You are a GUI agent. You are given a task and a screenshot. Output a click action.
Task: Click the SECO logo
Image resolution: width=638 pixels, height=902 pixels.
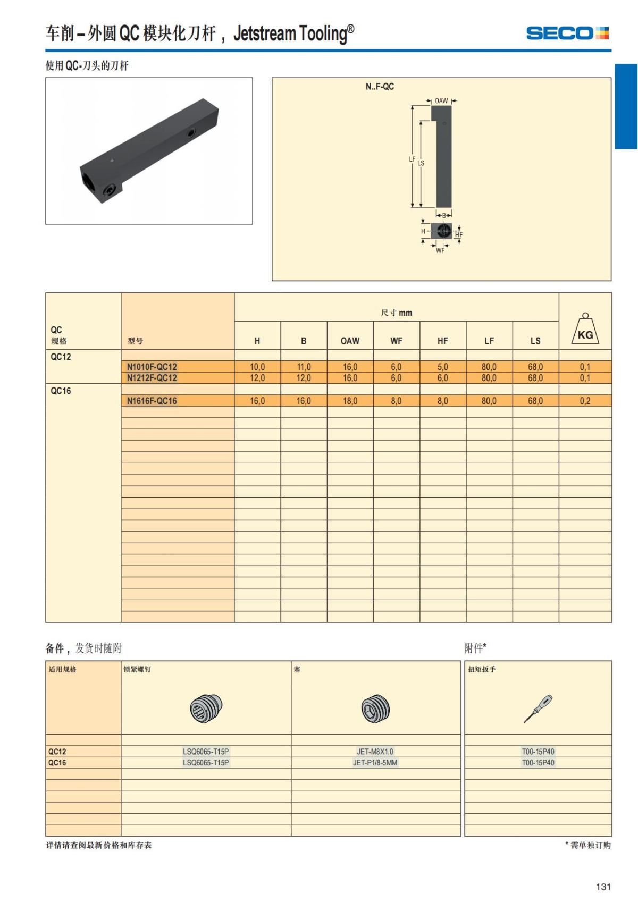tap(567, 33)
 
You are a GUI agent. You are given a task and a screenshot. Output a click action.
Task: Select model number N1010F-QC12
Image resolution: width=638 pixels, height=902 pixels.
tap(152, 367)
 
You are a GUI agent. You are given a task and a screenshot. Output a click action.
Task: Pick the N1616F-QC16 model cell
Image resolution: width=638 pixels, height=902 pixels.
tap(152, 401)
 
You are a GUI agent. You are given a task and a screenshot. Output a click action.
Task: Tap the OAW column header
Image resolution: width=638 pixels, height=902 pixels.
tap(350, 341)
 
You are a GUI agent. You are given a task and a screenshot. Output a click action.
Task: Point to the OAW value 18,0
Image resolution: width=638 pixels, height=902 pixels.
tap(350, 401)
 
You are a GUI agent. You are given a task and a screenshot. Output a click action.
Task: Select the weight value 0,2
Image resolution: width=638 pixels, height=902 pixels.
tap(585, 401)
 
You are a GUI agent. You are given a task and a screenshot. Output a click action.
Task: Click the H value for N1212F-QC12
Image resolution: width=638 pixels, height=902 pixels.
tap(257, 378)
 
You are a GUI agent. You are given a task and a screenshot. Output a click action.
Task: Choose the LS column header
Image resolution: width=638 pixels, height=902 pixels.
tap(535, 341)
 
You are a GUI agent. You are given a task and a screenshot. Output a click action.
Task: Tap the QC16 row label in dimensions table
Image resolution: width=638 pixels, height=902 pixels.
tap(61, 391)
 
